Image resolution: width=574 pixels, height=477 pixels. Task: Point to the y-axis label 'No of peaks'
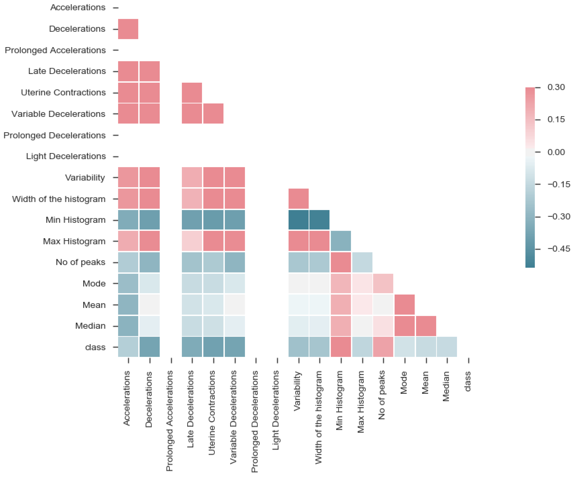pyautogui.click(x=80, y=262)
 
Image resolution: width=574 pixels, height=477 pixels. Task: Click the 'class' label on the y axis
pyautogui.click(x=95, y=347)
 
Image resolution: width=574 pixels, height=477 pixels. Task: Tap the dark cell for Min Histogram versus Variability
pyautogui.click(x=299, y=220)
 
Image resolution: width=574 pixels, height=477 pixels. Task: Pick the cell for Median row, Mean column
pyautogui.click(x=426, y=326)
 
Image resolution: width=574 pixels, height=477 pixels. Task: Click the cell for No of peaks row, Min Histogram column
pyautogui.click(x=341, y=262)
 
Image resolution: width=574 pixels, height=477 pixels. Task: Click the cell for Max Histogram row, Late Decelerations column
pyautogui.click(x=192, y=241)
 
